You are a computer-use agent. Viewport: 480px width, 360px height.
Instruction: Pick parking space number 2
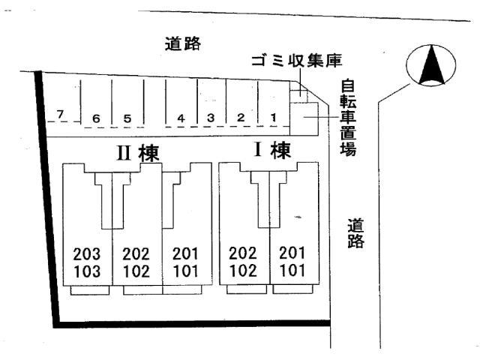(x=241, y=117)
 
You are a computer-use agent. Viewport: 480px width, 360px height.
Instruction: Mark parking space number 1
(x=274, y=117)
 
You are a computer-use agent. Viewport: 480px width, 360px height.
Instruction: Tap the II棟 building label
(x=136, y=152)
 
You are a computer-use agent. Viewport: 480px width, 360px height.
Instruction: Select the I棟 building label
(x=271, y=150)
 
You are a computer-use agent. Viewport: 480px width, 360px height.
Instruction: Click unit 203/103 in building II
(x=87, y=262)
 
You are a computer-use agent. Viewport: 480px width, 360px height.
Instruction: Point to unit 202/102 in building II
(x=136, y=262)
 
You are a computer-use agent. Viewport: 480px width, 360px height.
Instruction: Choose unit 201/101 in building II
(x=186, y=262)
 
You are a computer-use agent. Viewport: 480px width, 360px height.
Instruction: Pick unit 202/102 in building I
(x=244, y=262)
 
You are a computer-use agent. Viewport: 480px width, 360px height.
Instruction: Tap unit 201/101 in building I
(x=293, y=262)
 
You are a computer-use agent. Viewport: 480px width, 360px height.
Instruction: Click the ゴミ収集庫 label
(x=296, y=61)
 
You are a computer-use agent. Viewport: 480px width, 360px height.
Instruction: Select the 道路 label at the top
(x=184, y=43)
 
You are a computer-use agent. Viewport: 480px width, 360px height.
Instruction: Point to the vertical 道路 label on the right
(x=355, y=232)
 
